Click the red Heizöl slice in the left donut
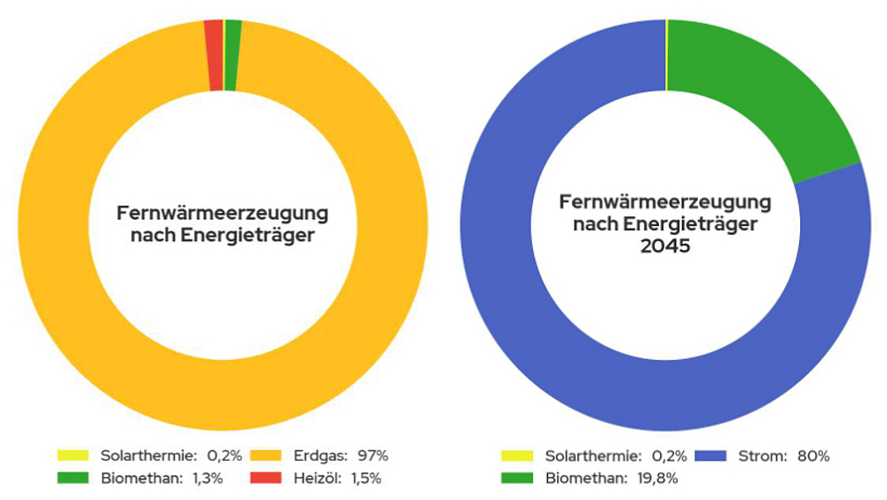(215, 55)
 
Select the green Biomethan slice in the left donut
(232, 55)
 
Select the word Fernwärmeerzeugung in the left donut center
(223, 214)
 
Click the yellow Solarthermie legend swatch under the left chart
(72, 457)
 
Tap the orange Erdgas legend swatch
(264, 457)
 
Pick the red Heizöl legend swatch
(264, 479)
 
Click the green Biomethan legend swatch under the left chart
(72, 479)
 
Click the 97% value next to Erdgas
(373, 457)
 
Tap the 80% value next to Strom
(812, 457)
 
